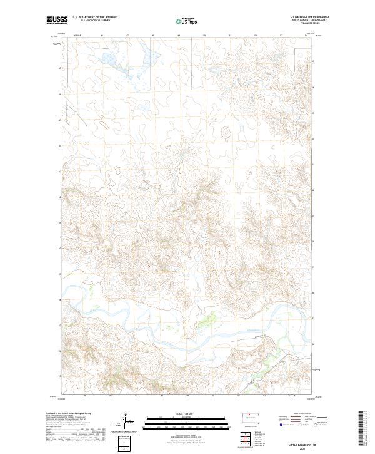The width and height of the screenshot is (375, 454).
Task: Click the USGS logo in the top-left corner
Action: (x=57, y=20)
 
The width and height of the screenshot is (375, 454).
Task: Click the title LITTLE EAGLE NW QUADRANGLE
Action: (x=308, y=16)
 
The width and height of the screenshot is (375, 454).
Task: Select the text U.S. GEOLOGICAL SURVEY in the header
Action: (x=94, y=21)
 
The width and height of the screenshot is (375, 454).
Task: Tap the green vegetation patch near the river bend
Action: (x=204, y=323)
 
